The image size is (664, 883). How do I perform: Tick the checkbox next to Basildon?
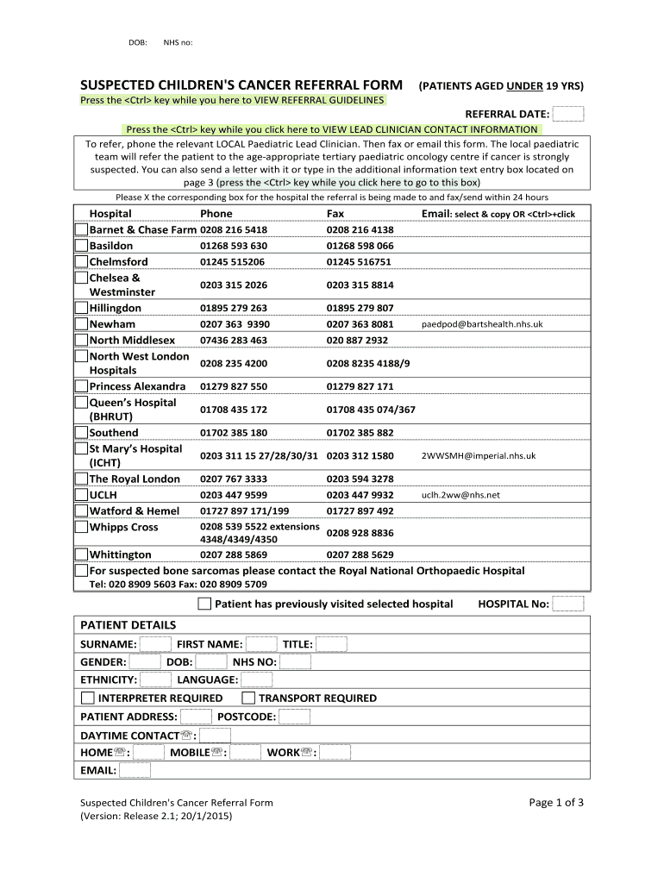[x=81, y=246]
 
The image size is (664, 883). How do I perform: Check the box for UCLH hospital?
[x=81, y=495]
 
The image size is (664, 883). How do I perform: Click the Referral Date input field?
[x=567, y=114]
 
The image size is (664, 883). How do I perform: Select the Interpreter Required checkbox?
[x=88, y=698]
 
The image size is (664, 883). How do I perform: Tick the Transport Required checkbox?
[x=248, y=698]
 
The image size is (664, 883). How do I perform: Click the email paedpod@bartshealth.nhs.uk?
[x=482, y=324]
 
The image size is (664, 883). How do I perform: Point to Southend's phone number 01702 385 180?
[x=233, y=433]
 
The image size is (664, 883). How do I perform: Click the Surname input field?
[x=155, y=643]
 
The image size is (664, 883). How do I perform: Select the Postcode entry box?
[x=294, y=717]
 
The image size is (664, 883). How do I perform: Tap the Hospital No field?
[x=567, y=604]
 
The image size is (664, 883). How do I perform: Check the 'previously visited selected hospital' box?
[x=204, y=604]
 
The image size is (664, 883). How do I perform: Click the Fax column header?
[x=335, y=214]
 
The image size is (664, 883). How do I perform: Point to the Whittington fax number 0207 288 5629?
[x=360, y=554]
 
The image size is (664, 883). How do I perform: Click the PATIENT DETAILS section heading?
[x=128, y=624]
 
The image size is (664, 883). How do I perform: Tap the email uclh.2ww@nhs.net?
[x=460, y=495]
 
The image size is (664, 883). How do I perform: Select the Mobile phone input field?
[x=245, y=752]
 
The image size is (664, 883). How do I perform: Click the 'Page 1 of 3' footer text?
[x=556, y=803]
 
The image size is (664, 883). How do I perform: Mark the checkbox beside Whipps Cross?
[x=81, y=527]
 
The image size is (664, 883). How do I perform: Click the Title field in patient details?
[x=331, y=643]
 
